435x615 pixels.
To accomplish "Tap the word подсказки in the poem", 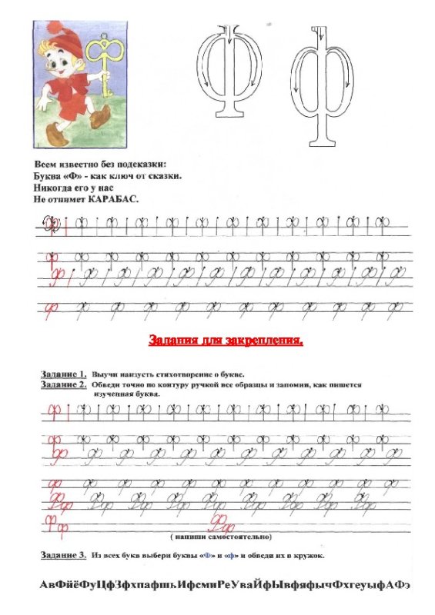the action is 141,166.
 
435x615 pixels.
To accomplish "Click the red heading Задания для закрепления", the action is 225,339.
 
